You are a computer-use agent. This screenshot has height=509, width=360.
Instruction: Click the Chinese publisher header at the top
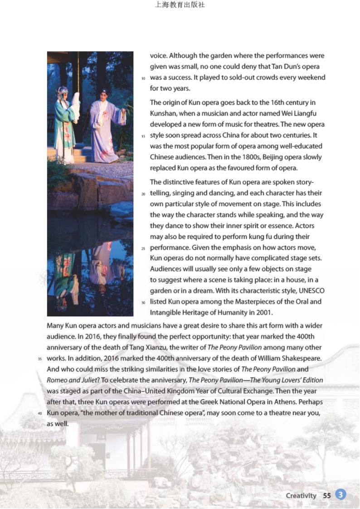click(180, 5)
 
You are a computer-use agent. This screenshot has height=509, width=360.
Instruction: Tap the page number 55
click(327, 495)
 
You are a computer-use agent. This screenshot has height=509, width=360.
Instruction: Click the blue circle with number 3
click(341, 495)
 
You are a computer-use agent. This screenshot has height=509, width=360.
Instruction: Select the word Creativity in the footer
click(301, 495)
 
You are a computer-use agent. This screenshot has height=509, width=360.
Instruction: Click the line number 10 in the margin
click(143, 78)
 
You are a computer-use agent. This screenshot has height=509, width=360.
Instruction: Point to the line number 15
click(143, 136)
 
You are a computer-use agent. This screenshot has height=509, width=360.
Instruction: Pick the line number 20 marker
click(143, 194)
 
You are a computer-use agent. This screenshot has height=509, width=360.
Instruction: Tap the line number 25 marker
click(143, 249)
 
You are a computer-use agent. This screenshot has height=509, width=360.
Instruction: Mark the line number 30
click(143, 302)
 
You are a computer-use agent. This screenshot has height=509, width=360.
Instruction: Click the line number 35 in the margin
click(40, 359)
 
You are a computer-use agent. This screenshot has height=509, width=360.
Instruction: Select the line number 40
click(40, 414)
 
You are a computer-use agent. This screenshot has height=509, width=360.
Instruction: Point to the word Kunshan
click(165, 113)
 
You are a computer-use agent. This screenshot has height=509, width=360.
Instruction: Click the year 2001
click(263, 312)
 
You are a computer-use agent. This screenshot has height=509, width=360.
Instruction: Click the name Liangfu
click(311, 113)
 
